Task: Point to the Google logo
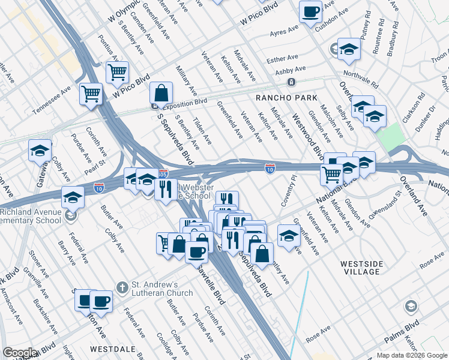(20, 353)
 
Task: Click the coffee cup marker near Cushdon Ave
(311, 13)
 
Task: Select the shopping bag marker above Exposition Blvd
(161, 94)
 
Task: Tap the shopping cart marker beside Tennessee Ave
(91, 94)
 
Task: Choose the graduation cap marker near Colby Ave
(40, 151)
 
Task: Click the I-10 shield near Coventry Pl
(270, 170)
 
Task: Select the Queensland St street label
(385, 205)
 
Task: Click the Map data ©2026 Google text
(412, 355)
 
